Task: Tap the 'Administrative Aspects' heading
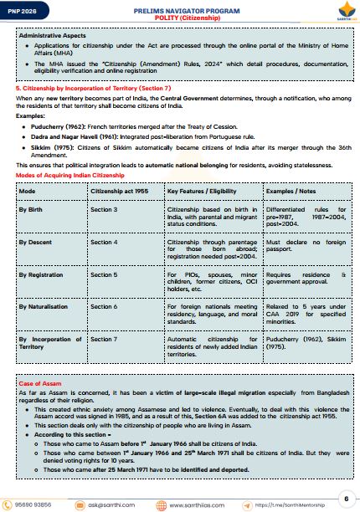[x=53, y=36]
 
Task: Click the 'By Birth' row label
[x=33, y=208]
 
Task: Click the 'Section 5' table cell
[x=104, y=274]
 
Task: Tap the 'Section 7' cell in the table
[x=104, y=339]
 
